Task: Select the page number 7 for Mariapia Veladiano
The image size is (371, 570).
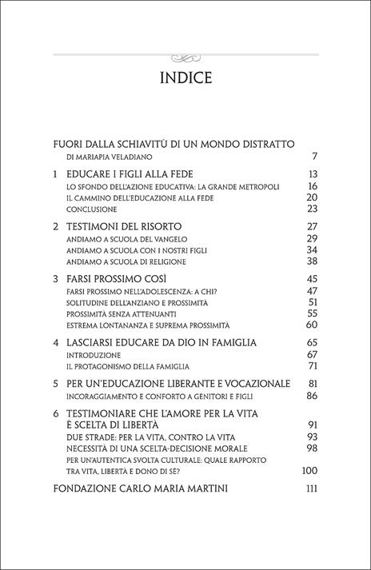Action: (316, 156)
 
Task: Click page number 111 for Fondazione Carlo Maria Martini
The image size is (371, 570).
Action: (312, 488)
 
